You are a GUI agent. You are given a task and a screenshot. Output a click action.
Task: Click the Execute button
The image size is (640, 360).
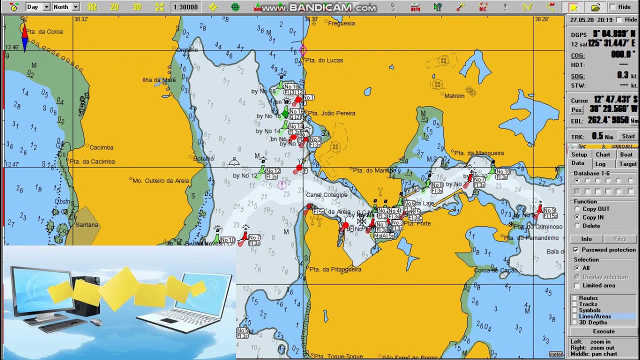tap(603, 331)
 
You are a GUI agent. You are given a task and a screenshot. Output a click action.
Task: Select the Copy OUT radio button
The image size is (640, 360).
tap(577, 209)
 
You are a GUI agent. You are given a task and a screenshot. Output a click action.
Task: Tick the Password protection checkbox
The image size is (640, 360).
tap(576, 250)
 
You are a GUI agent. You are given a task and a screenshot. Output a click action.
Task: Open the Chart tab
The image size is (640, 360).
tap(602, 154)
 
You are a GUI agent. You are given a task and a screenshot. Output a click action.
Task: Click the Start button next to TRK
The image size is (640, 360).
tap(628, 136)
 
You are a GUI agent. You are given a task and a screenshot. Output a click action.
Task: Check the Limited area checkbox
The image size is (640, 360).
tap(577, 285)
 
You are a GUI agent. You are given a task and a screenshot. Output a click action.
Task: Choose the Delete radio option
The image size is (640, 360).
tap(577, 226)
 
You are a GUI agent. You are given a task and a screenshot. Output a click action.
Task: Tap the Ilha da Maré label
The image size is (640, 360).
tap(159, 80)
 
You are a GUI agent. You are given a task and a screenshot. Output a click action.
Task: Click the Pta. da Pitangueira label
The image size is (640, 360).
tap(335, 269)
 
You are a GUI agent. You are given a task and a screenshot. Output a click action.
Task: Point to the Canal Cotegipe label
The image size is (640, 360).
tap(326, 195)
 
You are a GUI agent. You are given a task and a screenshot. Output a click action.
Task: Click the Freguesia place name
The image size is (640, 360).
tap(341, 23)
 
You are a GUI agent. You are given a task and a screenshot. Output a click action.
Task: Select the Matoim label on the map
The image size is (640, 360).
tap(454, 96)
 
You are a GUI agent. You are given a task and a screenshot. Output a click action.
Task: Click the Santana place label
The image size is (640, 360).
tap(86, 225)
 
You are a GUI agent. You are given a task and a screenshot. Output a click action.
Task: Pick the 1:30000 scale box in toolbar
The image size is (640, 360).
tap(185, 7)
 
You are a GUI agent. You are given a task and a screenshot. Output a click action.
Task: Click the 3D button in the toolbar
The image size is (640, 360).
tap(137, 7)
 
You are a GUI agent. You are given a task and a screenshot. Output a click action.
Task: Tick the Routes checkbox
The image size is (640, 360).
tap(574, 298)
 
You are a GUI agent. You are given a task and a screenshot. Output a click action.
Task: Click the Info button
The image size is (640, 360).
tap(586, 239)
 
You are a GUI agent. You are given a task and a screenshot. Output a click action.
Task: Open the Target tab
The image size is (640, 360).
tap(627, 164)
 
